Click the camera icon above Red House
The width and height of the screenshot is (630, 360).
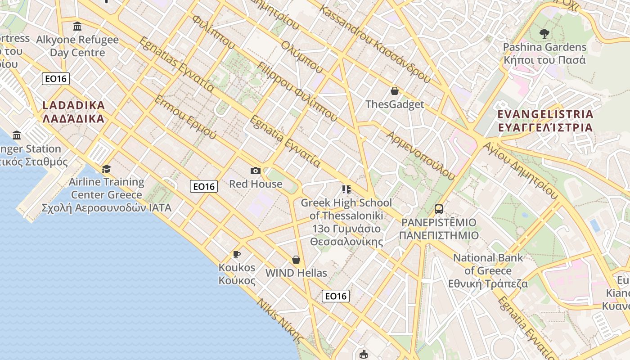tap(255, 171)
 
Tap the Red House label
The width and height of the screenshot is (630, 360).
tap(256, 184)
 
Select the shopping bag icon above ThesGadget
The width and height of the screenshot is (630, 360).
tap(395, 91)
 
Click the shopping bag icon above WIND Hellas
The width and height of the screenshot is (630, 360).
tap(296, 260)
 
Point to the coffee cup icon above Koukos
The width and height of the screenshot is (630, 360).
tap(237, 254)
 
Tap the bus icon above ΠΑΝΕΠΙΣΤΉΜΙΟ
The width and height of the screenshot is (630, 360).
tap(438, 209)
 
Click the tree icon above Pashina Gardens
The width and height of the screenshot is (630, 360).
tap(544, 33)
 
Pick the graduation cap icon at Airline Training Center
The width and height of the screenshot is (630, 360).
tap(106, 169)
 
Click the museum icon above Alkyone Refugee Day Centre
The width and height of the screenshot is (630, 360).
tap(77, 27)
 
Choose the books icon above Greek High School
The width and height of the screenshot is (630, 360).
tap(346, 189)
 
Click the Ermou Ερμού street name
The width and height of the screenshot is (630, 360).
tap(185, 117)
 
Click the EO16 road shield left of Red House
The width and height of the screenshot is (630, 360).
tap(204, 186)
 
